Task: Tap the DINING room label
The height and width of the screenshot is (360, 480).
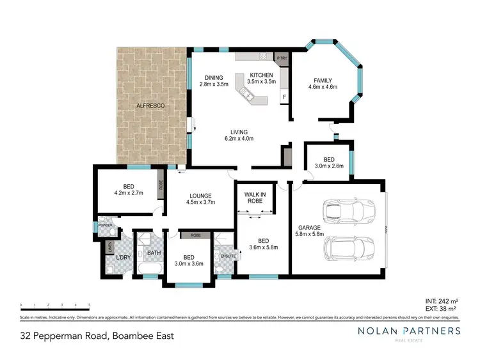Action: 214,77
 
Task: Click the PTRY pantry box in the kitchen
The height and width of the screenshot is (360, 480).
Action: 282,58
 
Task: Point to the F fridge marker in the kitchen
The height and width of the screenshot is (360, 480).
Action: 284,97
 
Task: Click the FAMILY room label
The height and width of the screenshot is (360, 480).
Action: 323,80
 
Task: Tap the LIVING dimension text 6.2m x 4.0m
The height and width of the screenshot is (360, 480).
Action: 239,138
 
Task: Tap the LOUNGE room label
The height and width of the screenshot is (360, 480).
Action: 200,196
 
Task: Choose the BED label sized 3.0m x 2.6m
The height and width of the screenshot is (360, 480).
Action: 328,159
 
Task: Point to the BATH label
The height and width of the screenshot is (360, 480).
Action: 154,253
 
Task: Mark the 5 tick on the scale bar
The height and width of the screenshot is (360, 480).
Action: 89,304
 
